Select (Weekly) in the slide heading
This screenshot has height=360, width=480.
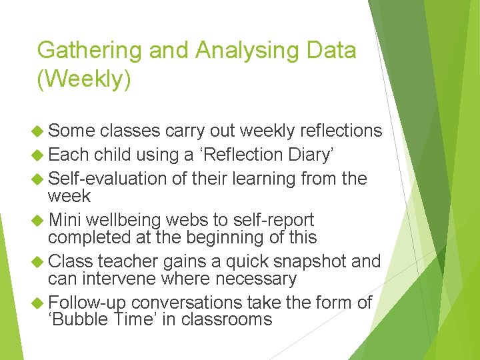[x=84, y=79]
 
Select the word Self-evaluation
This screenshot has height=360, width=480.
[x=107, y=179]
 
